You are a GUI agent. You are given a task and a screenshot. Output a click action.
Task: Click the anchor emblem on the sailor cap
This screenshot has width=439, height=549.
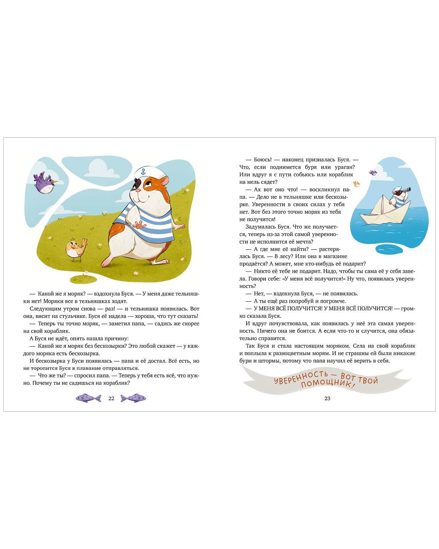[x=143, y=172]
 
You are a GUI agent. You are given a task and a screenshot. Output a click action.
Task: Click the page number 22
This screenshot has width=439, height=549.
[x=111, y=398]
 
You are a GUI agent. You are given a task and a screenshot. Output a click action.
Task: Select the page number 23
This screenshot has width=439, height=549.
[x=327, y=398]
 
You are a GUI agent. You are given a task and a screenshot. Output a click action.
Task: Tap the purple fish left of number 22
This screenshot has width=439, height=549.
[x=88, y=398]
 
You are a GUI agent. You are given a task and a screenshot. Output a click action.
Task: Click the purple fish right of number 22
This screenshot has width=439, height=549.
[x=133, y=398]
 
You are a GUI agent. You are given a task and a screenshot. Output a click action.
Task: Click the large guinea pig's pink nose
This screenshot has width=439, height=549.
[x=138, y=190]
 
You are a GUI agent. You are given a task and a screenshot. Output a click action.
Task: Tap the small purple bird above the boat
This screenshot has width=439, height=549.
[x=373, y=173]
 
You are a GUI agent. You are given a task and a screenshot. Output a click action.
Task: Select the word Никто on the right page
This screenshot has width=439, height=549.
[x=262, y=271]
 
